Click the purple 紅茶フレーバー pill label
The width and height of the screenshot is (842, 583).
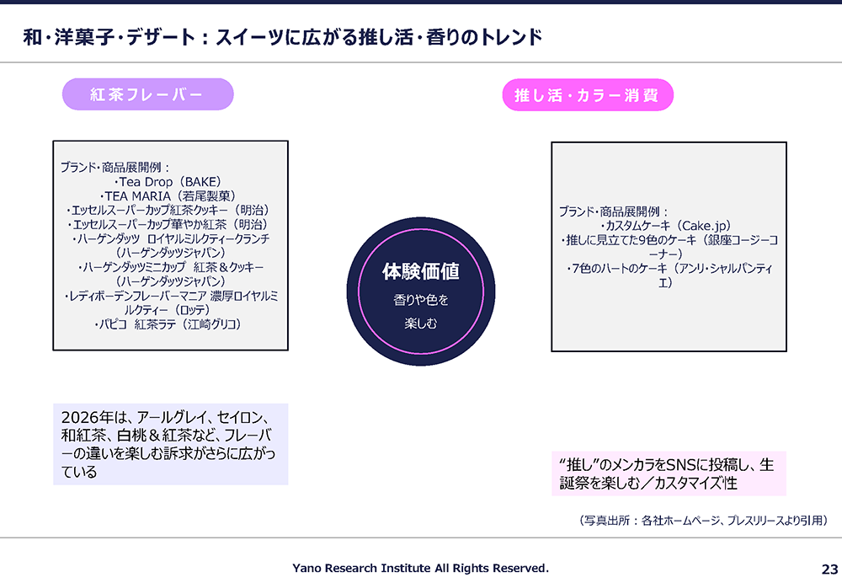click(x=147, y=94)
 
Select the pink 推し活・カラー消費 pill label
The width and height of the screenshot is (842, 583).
click(x=588, y=95)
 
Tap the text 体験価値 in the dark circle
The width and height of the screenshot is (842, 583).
click(x=420, y=271)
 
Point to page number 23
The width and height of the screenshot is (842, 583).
click(x=829, y=569)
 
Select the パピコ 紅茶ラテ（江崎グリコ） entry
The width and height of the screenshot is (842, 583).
click(x=168, y=324)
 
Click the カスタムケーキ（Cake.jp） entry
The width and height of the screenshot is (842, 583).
click(x=666, y=226)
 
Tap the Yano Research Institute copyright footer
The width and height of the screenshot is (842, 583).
click(x=420, y=568)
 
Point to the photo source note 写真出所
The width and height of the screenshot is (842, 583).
click(x=703, y=520)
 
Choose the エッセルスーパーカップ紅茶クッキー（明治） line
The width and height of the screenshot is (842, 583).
click(x=168, y=210)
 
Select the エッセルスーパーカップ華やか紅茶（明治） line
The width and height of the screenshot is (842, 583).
click(x=168, y=224)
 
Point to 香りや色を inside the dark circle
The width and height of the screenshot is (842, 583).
click(x=421, y=300)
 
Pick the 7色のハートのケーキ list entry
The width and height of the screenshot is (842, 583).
click(x=669, y=275)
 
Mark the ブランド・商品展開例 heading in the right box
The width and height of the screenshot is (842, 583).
click(x=613, y=211)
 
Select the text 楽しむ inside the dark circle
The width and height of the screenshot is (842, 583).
click(x=421, y=324)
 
